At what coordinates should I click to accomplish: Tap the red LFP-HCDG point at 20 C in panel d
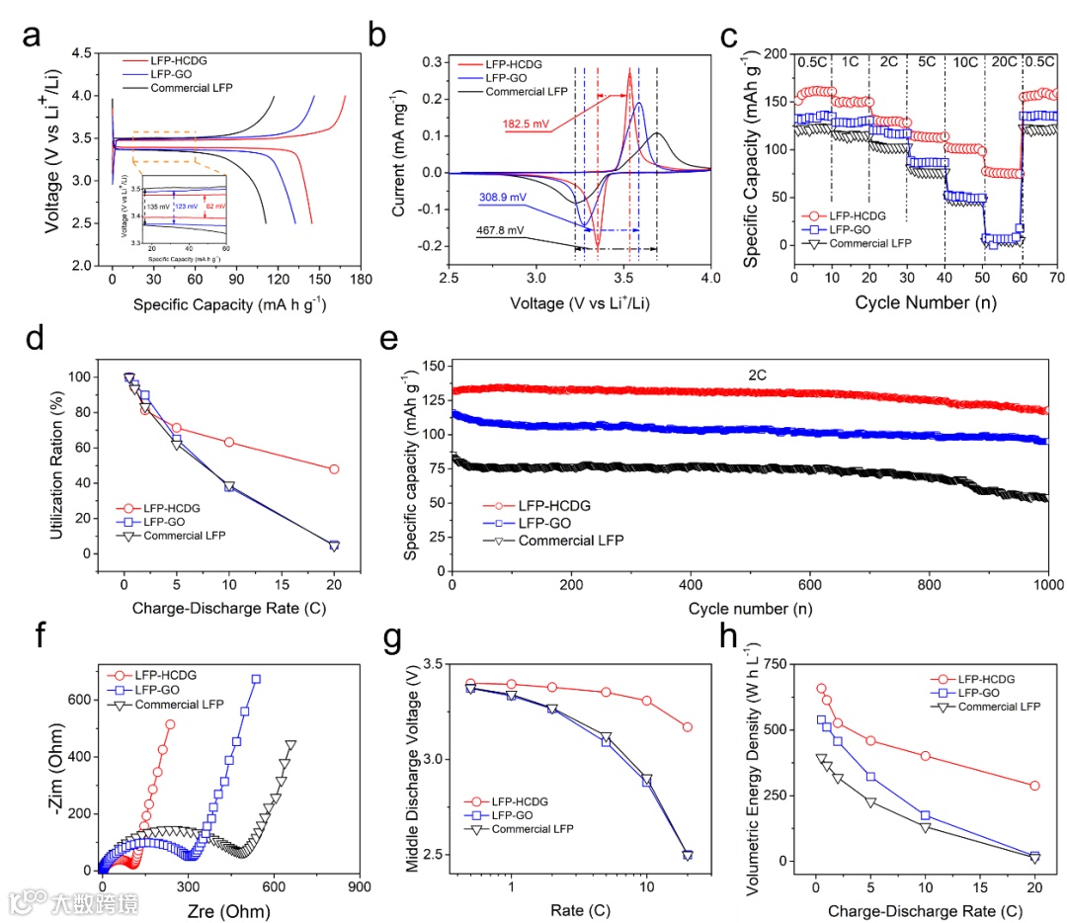pyautogui.click(x=334, y=469)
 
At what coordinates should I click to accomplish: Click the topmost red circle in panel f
pyautogui.click(x=170, y=724)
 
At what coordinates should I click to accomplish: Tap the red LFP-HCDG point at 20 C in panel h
pyautogui.click(x=1034, y=786)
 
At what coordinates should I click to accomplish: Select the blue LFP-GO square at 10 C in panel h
pyautogui.click(x=926, y=815)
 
